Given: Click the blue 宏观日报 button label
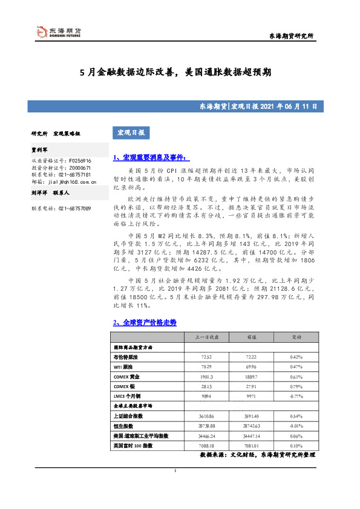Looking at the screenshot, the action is (131, 132).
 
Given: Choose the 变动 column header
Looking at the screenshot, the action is (298, 337).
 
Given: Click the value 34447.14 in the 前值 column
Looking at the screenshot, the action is (249, 435).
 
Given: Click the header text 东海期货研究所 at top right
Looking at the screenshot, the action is (291, 37).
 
